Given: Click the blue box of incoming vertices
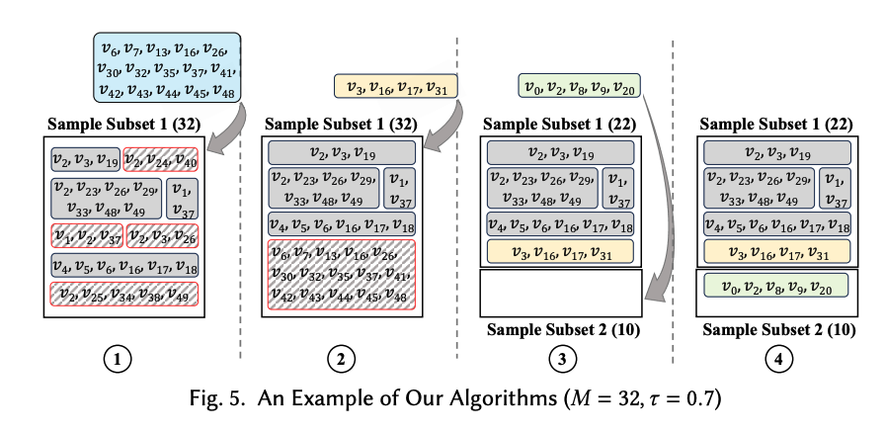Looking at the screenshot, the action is coord(167,67).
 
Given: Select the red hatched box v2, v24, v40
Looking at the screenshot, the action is coord(160,159).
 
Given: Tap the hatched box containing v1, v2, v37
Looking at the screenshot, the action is coord(88,235).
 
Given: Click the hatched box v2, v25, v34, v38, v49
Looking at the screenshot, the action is coord(124,294).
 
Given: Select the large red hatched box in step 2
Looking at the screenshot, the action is coord(342,275).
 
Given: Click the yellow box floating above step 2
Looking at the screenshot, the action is coord(396,86).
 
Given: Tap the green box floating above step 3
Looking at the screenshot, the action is coord(579,86).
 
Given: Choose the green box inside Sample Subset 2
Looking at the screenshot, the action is coord(776,286).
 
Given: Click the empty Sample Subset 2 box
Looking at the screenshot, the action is coord(560,293).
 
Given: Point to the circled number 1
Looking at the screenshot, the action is coord(118,359).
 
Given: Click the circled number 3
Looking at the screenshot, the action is coord(560,359).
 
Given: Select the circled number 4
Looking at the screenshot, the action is coord(779,359).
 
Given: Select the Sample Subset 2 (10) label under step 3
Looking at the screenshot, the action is coord(563,329).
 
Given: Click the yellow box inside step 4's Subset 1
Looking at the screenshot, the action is coord(776,251).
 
